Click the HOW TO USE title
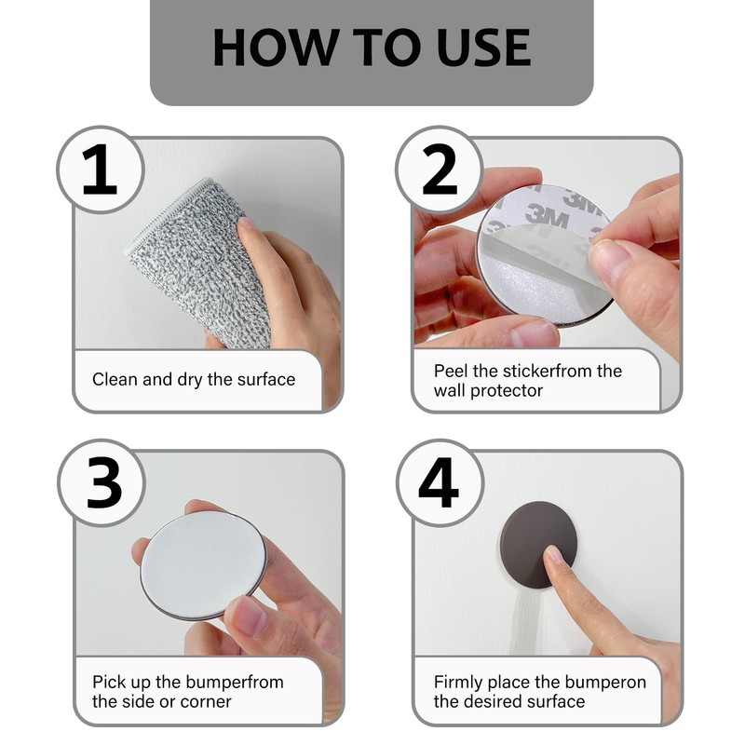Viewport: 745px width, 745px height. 372,47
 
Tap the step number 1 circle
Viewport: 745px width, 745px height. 100,170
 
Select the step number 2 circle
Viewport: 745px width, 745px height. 439,170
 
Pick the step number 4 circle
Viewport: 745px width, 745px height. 439,483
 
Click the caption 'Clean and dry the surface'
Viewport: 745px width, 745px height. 194,380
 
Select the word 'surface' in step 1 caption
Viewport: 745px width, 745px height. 265,380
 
